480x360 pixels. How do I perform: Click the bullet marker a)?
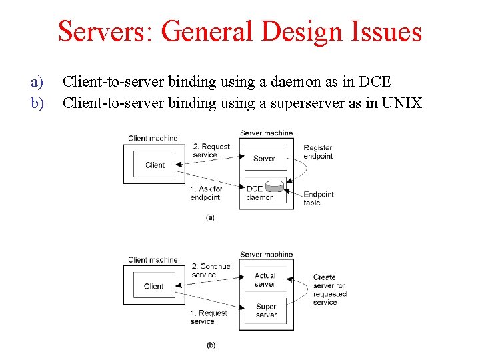click(37, 82)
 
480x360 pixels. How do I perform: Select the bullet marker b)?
click(37, 103)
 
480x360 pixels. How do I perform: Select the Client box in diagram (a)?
click(155, 165)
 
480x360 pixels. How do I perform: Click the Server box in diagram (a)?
click(265, 159)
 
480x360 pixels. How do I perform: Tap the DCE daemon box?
click(259, 193)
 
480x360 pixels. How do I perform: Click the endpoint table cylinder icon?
click(275, 187)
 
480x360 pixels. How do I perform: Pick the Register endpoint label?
click(318, 151)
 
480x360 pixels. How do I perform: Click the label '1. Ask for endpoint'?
click(206, 193)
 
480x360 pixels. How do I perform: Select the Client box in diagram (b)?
click(153, 286)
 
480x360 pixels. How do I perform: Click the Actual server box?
click(265, 279)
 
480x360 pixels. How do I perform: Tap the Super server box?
click(266, 311)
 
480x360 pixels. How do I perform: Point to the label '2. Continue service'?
click(210, 270)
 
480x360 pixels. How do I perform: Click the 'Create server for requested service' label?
click(329, 289)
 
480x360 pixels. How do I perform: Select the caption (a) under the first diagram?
click(210, 217)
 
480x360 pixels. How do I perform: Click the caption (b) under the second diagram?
click(211, 345)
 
